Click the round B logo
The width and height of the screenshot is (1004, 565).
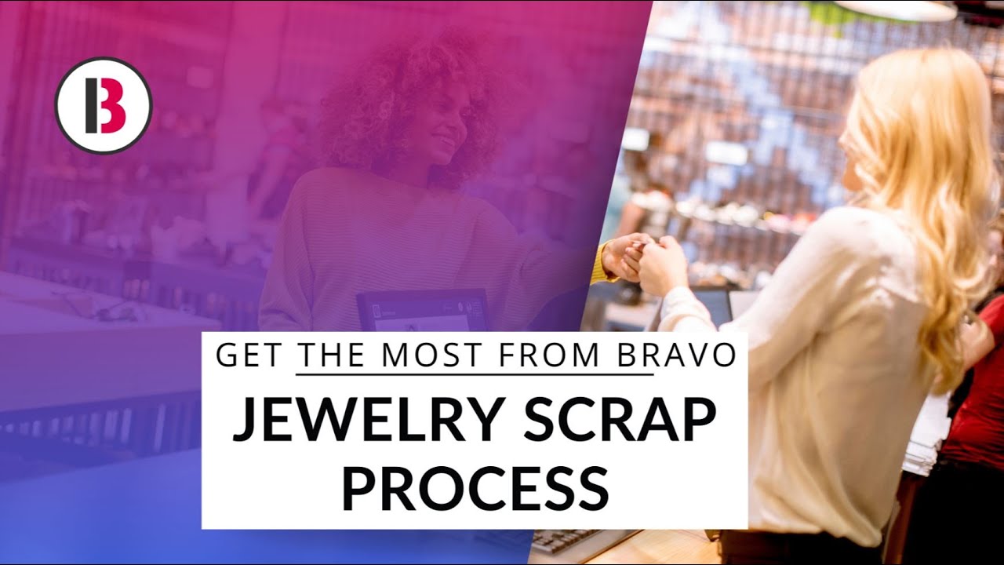pos(103,106)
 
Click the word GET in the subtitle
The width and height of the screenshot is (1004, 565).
pos(249,355)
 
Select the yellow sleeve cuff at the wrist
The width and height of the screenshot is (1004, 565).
pos(603,262)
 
